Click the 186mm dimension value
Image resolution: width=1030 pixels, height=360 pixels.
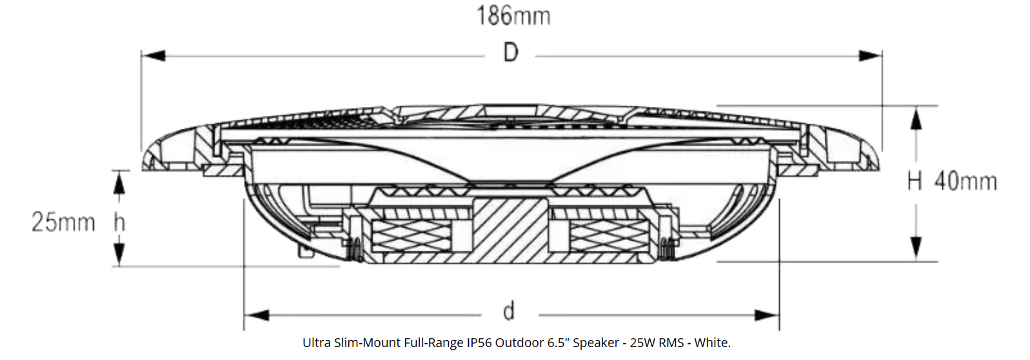(513, 15)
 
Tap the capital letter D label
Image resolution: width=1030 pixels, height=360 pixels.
(511, 52)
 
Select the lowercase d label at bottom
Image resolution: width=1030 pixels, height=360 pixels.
(509, 311)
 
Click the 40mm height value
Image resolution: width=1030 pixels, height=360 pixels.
(966, 181)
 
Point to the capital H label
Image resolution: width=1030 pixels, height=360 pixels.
(915, 181)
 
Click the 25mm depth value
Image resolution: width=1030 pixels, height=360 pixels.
(63, 222)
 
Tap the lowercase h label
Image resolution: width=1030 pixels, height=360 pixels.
(119, 222)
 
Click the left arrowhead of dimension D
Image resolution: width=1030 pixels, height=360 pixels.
(154, 56)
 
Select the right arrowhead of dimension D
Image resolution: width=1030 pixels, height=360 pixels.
(870, 56)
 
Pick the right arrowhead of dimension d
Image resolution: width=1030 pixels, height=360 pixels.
(767, 315)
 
